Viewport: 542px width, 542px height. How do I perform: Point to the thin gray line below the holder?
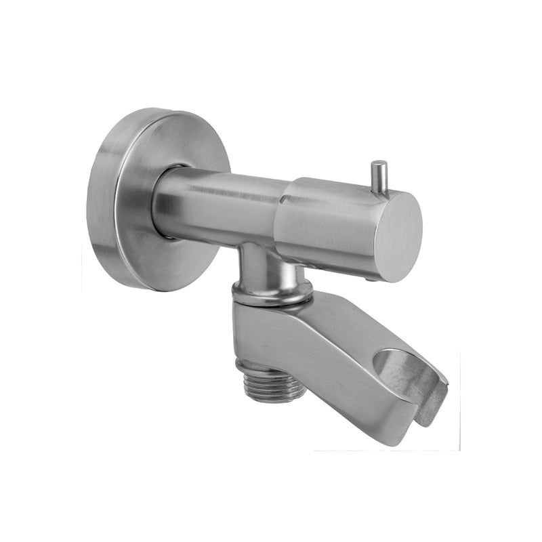[x=386, y=451]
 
